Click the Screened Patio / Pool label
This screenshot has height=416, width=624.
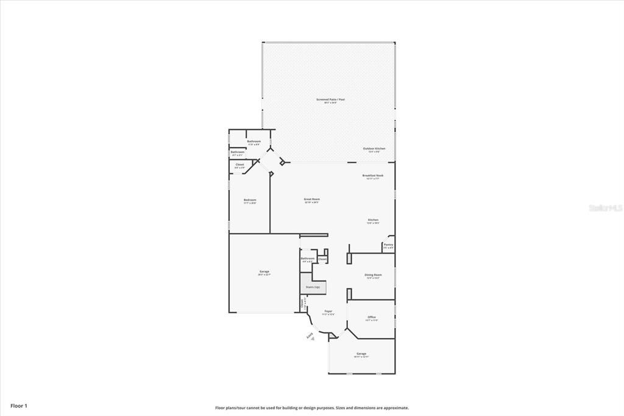(x=330, y=99)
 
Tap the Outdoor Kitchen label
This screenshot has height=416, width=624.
(x=374, y=149)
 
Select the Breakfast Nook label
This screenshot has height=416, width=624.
(x=372, y=176)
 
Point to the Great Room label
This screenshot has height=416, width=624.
(x=312, y=199)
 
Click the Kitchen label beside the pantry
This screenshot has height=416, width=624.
(x=373, y=220)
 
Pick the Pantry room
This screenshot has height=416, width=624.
(x=388, y=245)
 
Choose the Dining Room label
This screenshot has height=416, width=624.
(x=372, y=275)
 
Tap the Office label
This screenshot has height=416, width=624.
(x=372, y=317)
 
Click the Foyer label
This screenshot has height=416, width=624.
(x=328, y=311)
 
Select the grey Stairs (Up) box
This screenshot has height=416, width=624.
(x=313, y=287)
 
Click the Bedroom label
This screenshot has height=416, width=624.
(x=250, y=201)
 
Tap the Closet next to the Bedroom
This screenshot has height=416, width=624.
(x=239, y=165)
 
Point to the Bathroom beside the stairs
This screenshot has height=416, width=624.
(x=308, y=259)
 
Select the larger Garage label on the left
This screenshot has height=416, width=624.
(x=264, y=272)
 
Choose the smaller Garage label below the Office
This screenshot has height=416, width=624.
(x=361, y=354)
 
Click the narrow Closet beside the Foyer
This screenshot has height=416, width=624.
(x=302, y=303)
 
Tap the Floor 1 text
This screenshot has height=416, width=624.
(x=18, y=406)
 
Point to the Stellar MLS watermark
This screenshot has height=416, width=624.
(x=605, y=207)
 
